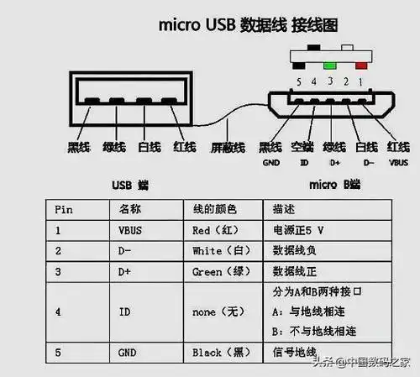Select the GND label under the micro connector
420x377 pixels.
coord(270,163)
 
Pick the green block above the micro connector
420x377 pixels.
coord(330,63)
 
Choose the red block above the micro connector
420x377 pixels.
coord(361,63)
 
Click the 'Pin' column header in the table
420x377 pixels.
coord(64,207)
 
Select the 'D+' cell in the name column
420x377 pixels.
coord(126,272)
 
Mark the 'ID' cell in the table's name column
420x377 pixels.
coord(124,312)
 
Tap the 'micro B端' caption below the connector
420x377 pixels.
coord(335,184)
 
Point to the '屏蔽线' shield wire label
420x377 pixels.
coord(227,148)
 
